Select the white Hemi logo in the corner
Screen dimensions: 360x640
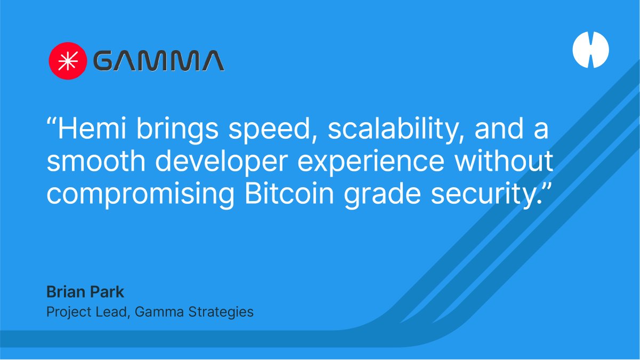(590, 50)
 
